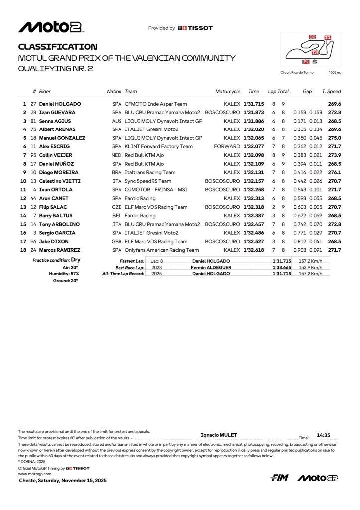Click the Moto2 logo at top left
(50, 27)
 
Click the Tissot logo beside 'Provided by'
(195, 28)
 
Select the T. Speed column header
(331, 92)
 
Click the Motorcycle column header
(227, 92)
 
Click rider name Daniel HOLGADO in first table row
(60, 104)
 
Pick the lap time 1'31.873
(253, 113)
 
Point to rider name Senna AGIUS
(55, 121)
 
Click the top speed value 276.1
(334, 172)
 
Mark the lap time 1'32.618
(253, 250)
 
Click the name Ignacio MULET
(219, 435)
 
